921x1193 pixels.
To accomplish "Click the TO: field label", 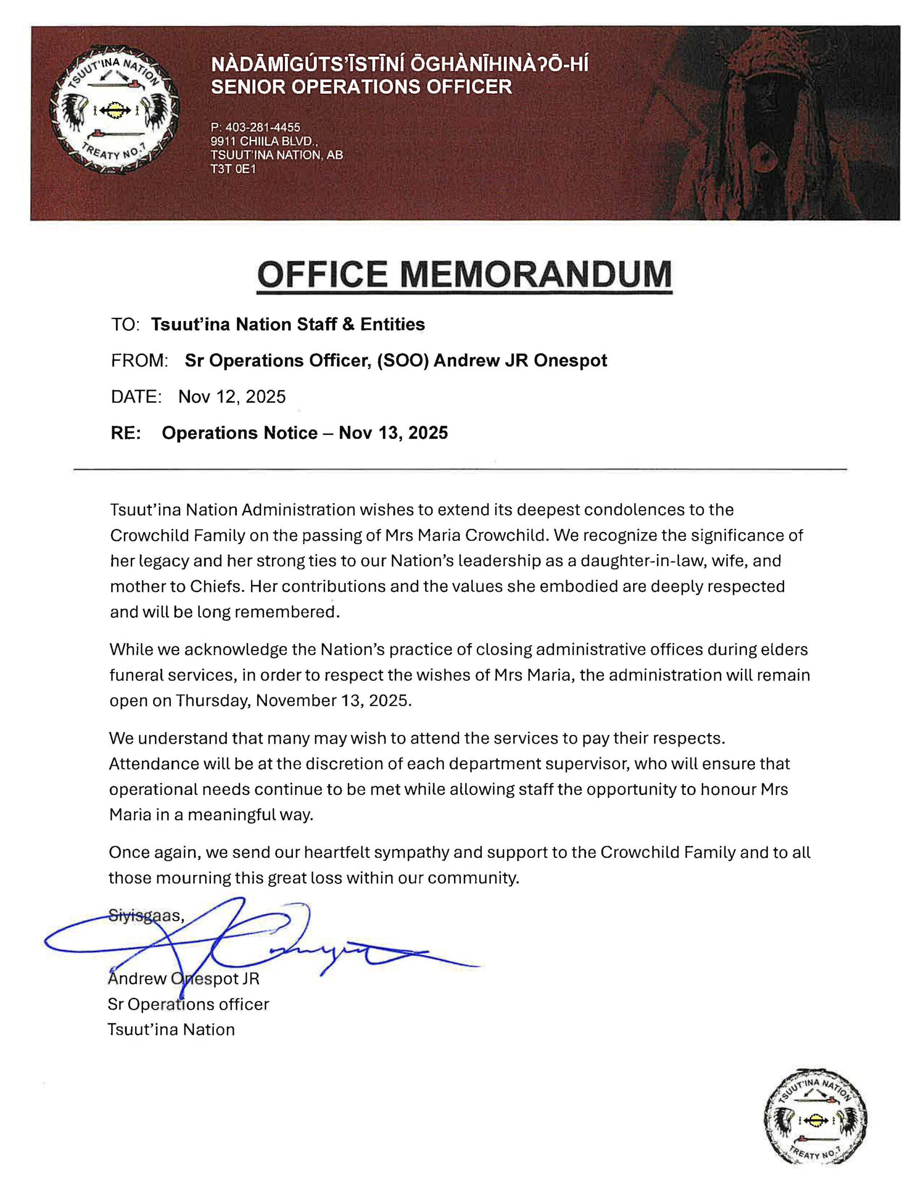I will click(x=126, y=324).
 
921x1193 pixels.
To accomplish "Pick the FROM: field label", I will click(x=139, y=361).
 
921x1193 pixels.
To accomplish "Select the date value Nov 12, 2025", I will click(x=231, y=397).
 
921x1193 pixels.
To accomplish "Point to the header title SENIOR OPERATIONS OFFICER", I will click(x=361, y=87).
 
